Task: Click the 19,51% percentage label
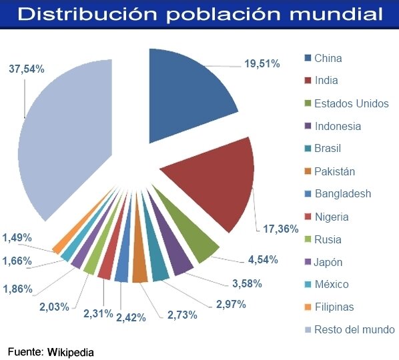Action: [262, 63]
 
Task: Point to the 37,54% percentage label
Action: [27, 69]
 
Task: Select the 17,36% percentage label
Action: [280, 229]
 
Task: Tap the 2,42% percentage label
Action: [131, 317]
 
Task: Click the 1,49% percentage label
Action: [17, 238]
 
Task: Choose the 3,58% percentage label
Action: [247, 283]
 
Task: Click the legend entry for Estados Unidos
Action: [346, 103]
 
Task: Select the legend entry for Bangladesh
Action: [338, 194]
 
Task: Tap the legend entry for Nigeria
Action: [326, 217]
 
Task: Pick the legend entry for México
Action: [326, 284]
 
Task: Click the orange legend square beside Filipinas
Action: [308, 307]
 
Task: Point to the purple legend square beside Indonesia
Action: [308, 126]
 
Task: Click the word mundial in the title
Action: [336, 14]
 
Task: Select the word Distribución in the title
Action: [87, 14]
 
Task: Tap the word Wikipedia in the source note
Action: [71, 353]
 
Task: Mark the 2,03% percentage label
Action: [54, 307]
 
